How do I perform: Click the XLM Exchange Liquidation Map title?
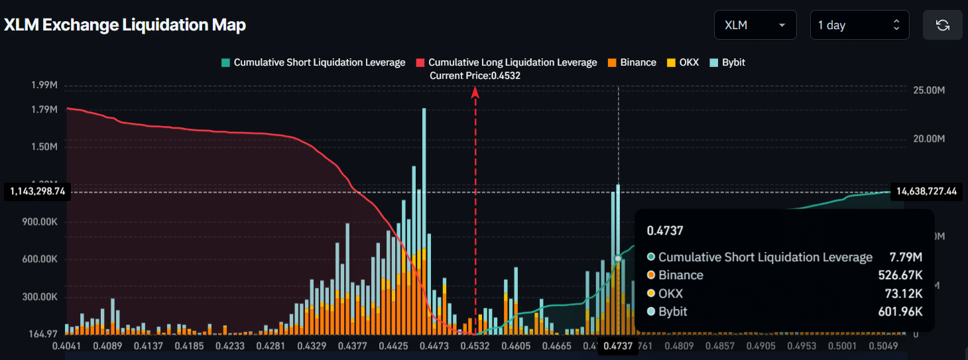point(125,25)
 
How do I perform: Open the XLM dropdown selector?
point(755,25)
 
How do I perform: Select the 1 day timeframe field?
point(859,25)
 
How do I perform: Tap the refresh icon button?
point(942,25)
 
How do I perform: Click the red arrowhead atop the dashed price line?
point(475,93)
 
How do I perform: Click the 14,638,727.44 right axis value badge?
point(927,192)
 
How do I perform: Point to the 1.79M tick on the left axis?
point(44,109)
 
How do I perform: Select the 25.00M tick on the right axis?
point(928,90)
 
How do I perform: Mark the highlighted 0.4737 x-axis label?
point(617,347)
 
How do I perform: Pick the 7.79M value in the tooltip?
point(907,257)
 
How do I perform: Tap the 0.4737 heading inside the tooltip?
point(665,231)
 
